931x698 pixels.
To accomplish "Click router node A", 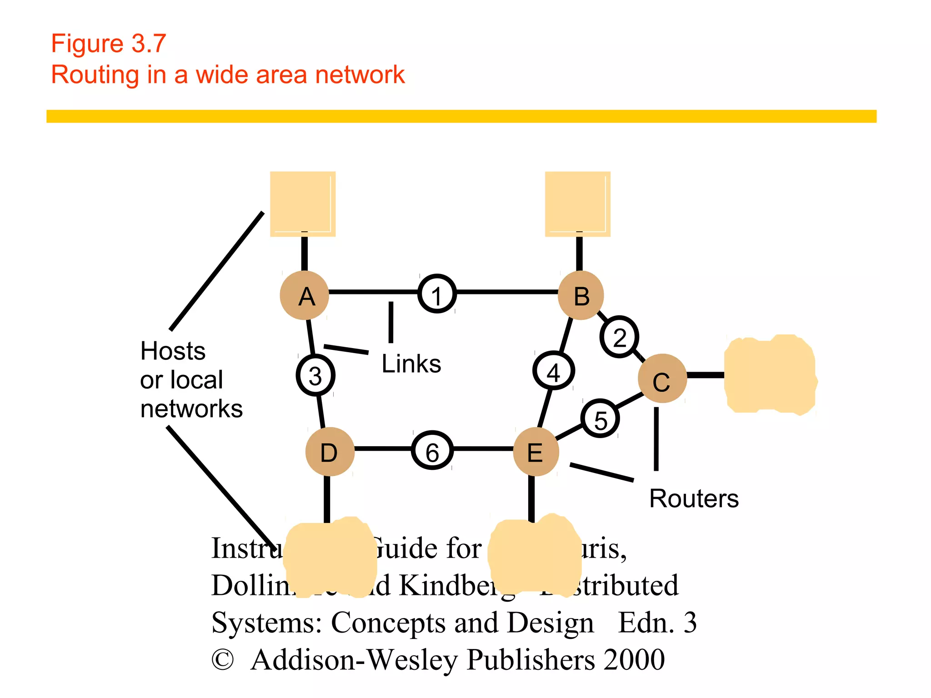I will [304, 295].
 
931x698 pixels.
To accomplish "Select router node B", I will [581, 295].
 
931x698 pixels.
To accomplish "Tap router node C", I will [662, 378].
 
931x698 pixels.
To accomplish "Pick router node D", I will [330, 452].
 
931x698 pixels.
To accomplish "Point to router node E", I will [536, 452].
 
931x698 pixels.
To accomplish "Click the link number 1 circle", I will [437, 294].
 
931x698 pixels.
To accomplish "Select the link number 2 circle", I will [619, 337].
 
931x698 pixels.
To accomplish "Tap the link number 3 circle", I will [315, 375].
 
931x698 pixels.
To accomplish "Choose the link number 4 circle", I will [553, 370].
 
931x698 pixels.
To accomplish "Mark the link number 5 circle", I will [601, 419].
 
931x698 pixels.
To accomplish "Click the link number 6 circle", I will [432, 450].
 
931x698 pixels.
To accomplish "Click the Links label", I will [411, 364].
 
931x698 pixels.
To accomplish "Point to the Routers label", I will [694, 499].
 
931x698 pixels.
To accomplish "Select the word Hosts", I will [173, 351].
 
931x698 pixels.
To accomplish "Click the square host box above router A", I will [303, 204].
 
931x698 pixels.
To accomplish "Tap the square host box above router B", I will [577, 204].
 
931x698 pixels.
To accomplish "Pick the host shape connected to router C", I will [770, 375].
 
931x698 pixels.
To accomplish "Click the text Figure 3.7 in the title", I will [108, 44].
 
